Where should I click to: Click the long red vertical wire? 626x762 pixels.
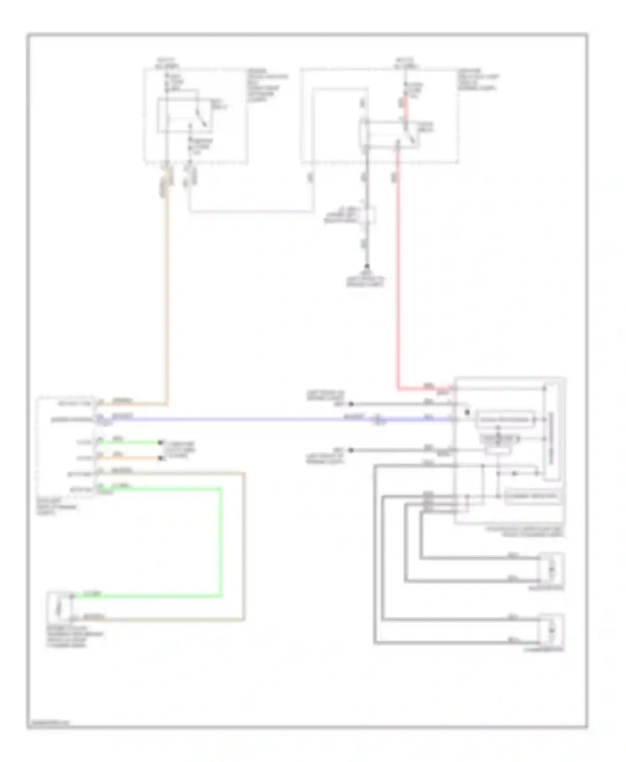(x=397, y=271)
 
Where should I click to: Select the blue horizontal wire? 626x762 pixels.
(x=250, y=419)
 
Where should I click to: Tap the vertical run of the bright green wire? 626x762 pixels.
(x=221, y=542)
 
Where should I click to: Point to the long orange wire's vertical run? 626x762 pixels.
(x=167, y=292)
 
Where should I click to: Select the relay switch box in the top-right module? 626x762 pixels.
(x=389, y=134)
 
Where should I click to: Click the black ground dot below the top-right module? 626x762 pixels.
(x=367, y=266)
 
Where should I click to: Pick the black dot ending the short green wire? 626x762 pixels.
(x=160, y=442)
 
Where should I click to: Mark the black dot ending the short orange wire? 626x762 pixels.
(x=160, y=458)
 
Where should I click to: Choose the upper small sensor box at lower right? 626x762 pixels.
(x=551, y=569)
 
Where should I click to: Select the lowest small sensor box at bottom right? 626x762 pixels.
(x=551, y=629)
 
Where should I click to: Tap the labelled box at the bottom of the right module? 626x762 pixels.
(x=532, y=496)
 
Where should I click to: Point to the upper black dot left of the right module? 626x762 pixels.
(x=351, y=404)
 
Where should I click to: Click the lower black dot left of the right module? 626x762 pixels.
(x=351, y=450)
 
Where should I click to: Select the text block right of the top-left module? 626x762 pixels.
(x=267, y=85)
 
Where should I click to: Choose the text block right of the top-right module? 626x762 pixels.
(x=477, y=80)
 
